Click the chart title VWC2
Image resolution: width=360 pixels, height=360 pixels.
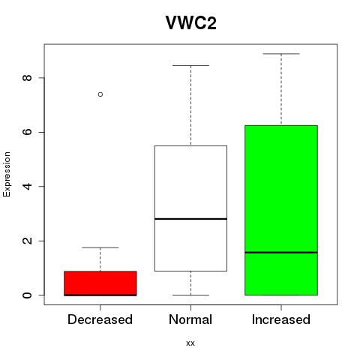click(191, 22)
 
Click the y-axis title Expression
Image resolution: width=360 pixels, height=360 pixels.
click(7, 174)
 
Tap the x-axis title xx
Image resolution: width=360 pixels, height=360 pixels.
click(190, 343)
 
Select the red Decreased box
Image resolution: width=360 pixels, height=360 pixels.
click(100, 283)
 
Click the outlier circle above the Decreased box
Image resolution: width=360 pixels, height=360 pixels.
click(100, 94)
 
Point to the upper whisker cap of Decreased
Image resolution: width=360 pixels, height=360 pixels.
click(100, 247)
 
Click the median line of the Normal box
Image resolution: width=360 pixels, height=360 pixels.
click(190, 219)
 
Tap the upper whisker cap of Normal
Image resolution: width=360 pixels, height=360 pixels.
click(190, 65)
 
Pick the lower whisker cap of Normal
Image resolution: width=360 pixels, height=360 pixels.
click(190, 295)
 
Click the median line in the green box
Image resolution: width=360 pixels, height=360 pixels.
click(281, 253)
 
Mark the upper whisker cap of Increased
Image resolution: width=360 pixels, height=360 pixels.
click(281, 53)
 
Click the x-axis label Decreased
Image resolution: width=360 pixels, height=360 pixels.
click(100, 319)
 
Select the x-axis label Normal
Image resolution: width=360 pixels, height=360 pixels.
click(190, 319)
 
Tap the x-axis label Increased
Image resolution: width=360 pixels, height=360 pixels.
click(281, 319)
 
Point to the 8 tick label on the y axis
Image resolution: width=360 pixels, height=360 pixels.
click(27, 77)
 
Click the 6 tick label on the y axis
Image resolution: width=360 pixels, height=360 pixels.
click(27, 132)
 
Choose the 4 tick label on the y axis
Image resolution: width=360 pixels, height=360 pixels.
click(27, 186)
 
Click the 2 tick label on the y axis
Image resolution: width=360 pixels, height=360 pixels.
click(27, 241)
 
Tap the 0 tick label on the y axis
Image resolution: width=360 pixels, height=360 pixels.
click(27, 295)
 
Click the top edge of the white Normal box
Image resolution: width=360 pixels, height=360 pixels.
click(190, 145)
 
